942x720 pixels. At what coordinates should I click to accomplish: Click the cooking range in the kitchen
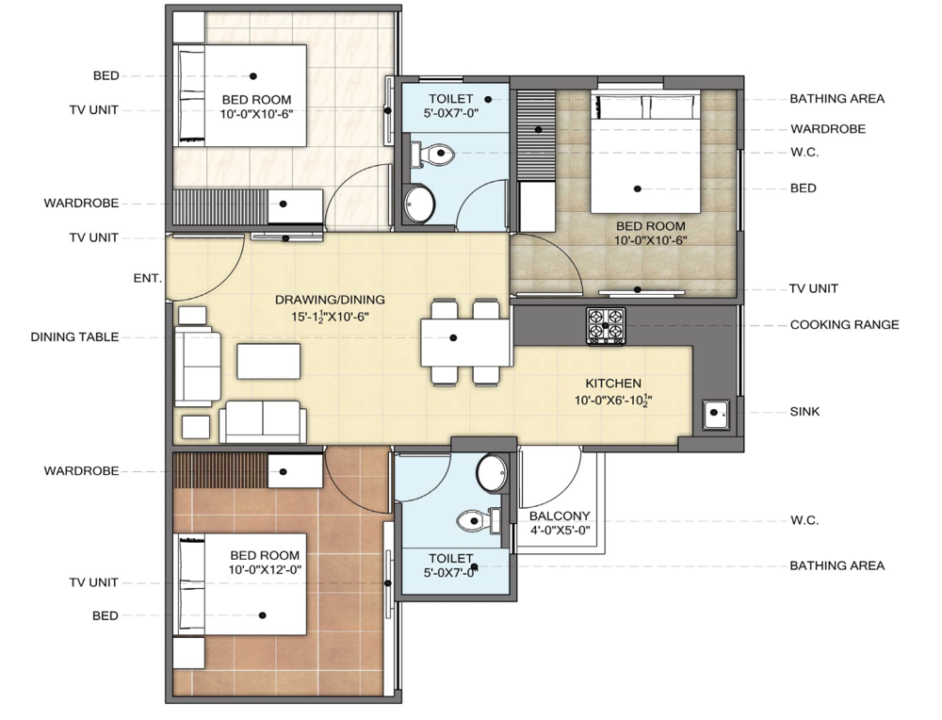coord(606,326)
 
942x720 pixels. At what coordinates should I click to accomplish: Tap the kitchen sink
coord(716,414)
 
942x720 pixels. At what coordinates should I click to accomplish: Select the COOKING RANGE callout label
coord(844,325)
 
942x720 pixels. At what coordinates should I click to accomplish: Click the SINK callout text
coord(804,412)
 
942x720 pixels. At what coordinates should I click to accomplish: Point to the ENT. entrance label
coord(148,278)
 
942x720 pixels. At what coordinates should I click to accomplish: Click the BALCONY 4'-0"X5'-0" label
coord(560,523)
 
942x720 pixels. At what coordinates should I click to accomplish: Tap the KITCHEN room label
coord(613,384)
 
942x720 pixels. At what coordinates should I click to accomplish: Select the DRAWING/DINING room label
coord(330,300)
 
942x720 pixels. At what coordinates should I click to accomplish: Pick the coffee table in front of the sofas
coord(268,361)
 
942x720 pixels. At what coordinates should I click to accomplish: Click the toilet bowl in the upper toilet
coord(432,154)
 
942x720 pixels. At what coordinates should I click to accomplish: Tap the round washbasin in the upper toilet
coord(419,204)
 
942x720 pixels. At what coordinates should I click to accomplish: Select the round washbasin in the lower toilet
coord(492,472)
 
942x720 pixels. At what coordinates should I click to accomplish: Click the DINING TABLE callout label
coord(74,337)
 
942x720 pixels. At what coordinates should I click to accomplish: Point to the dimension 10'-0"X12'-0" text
coord(265,569)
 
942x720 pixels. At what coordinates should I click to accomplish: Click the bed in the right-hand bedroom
coord(645,152)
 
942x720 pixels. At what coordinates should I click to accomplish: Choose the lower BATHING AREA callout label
coord(836,565)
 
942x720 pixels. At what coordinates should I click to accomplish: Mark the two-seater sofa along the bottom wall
coord(263,422)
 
